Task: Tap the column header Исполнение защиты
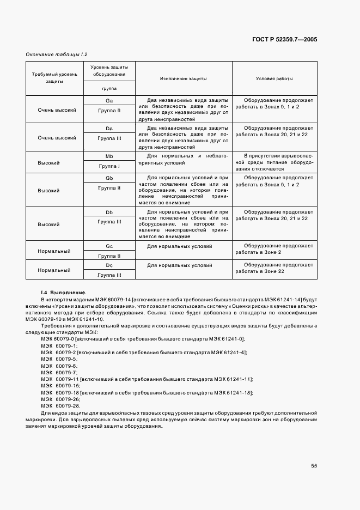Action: click(x=183, y=78)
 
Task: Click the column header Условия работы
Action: click(x=274, y=78)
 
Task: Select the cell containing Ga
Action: click(x=109, y=101)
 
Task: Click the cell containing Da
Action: click(x=109, y=129)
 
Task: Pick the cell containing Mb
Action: click(x=109, y=156)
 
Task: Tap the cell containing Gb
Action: click(x=109, y=178)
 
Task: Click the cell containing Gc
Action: click(x=109, y=246)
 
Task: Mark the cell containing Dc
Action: click(x=109, y=265)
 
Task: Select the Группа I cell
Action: click(x=109, y=166)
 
